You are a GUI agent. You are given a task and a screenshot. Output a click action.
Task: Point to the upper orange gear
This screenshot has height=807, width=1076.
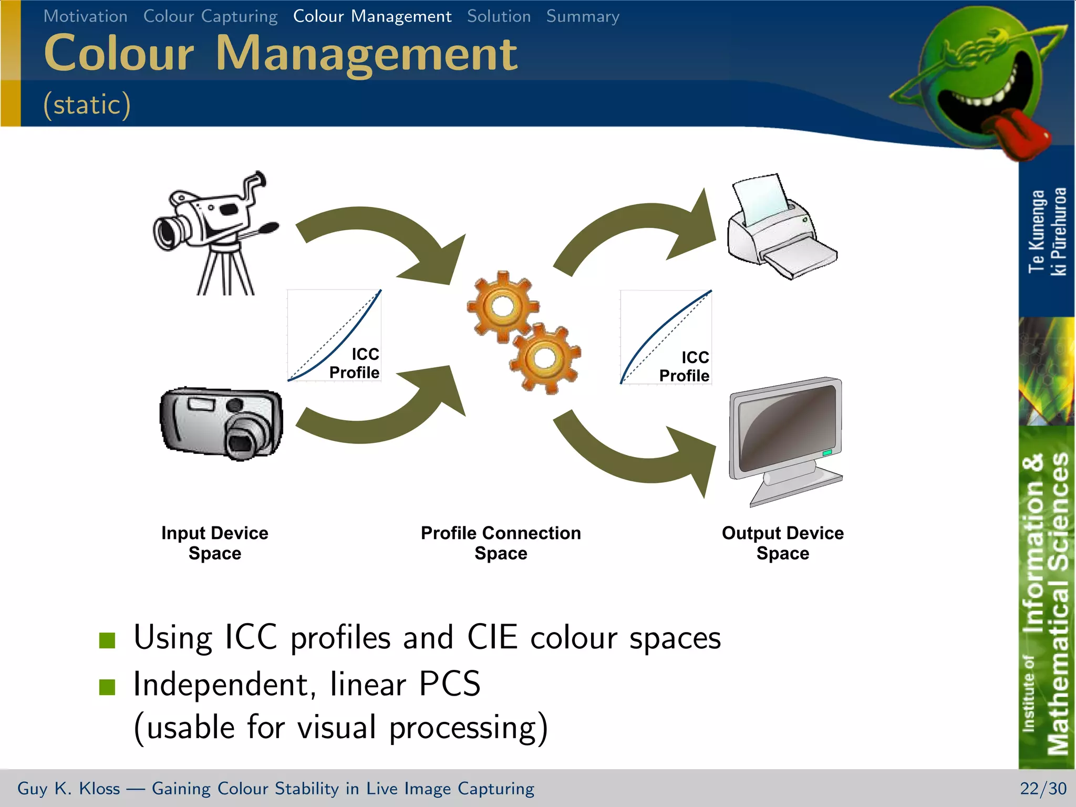pos(502,306)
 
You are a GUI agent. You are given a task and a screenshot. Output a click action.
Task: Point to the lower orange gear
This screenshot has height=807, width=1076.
pos(544,358)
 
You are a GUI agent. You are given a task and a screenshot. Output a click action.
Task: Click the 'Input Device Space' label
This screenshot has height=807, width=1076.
pos(215,543)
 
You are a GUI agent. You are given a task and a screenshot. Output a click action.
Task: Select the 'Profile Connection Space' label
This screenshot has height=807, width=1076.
pos(501,543)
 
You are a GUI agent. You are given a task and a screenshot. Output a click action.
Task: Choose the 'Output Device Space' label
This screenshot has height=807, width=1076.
pos(783,543)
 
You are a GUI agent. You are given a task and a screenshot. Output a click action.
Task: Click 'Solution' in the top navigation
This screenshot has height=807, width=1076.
pos(499,16)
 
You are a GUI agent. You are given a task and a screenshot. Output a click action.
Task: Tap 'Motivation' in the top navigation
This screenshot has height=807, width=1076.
pos(85,16)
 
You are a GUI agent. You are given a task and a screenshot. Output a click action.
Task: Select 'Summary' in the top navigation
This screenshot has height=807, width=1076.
pos(583,16)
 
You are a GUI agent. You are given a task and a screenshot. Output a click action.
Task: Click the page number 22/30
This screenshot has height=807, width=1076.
pos(1043,788)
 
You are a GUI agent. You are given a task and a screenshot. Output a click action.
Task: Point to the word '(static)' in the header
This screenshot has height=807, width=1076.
pos(87,104)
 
